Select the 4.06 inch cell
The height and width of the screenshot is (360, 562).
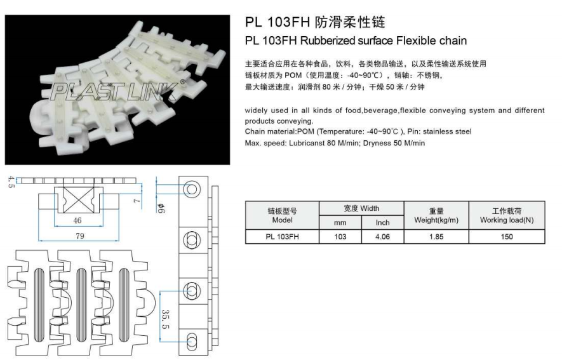(x=382, y=236)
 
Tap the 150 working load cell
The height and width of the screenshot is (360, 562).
(x=505, y=236)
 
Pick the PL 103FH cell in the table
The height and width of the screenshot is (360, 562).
(x=281, y=236)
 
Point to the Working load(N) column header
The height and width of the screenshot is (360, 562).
(x=505, y=215)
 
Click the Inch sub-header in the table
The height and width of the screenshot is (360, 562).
(x=382, y=222)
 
